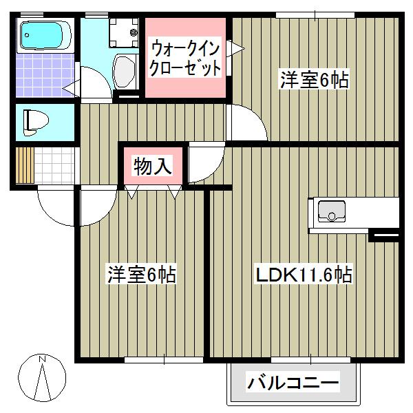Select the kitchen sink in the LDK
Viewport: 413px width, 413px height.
pos(333,211)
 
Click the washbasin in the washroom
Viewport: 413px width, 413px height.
pos(125,71)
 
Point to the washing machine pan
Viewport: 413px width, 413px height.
pos(125,30)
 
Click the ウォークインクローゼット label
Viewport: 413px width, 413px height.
pos(186,59)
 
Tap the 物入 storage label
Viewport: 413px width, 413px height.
pos(152,167)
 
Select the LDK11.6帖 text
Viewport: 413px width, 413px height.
pos(304,276)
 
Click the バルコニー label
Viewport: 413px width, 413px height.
pos(293,382)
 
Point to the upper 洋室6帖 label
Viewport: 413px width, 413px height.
pos(314,80)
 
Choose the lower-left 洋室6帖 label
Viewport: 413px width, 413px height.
pos(141,275)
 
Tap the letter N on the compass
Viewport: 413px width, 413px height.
pos(42,359)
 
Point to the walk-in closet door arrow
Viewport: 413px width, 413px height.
pos(236,48)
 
